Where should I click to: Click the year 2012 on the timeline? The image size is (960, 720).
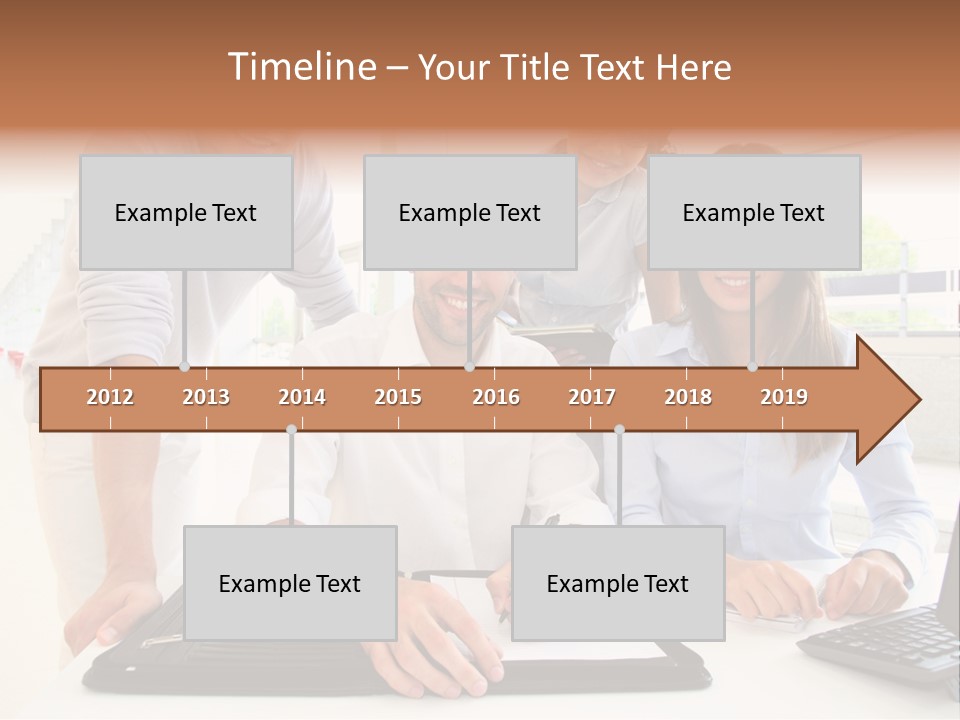click(x=110, y=397)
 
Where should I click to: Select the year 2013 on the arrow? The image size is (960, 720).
click(x=206, y=397)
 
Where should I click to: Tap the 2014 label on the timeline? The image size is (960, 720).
click(x=302, y=397)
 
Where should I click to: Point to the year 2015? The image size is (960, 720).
click(x=398, y=397)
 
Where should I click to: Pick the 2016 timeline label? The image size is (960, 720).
click(x=496, y=397)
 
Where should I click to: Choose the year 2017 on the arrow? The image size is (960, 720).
click(x=592, y=397)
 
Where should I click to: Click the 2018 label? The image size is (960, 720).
click(x=688, y=397)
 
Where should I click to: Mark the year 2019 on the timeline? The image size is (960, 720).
click(x=784, y=397)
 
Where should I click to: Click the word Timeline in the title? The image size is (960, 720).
click(x=300, y=67)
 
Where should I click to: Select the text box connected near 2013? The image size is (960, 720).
click(x=186, y=213)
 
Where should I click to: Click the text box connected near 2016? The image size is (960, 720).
click(x=470, y=213)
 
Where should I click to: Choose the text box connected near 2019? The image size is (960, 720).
click(x=754, y=213)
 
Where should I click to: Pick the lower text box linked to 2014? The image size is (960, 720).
click(x=290, y=583)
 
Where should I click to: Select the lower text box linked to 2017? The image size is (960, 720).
click(x=618, y=583)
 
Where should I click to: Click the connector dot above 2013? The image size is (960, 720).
click(x=184, y=367)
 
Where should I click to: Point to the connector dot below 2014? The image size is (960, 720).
click(x=291, y=430)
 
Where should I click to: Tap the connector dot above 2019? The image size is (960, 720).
click(x=752, y=367)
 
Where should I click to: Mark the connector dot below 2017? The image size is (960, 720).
click(x=619, y=430)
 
